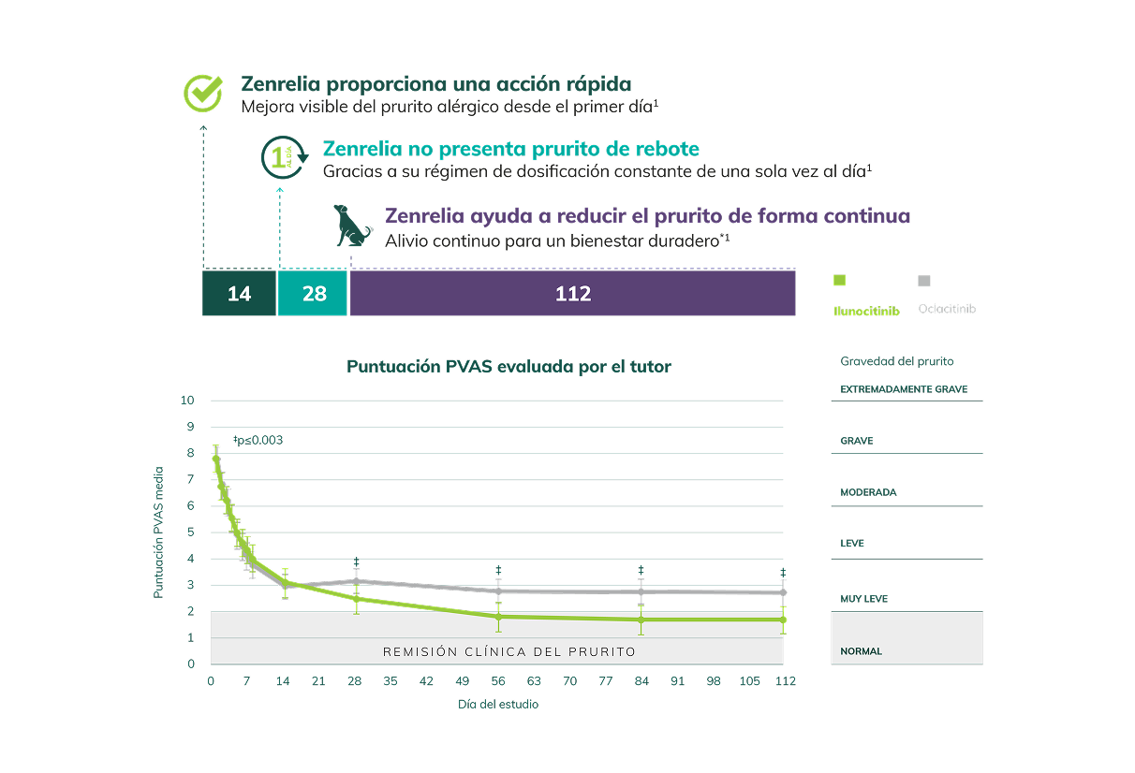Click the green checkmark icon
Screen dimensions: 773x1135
click(x=203, y=94)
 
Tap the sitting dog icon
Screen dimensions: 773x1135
click(x=354, y=226)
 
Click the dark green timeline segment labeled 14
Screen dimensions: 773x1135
click(x=239, y=294)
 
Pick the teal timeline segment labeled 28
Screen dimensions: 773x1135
click(x=314, y=294)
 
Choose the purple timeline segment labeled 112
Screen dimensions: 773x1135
click(x=572, y=294)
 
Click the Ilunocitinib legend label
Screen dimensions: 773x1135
click(x=866, y=311)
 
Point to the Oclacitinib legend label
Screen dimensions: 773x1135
click(x=947, y=309)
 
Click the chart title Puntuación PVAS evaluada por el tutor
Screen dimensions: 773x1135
click(x=509, y=367)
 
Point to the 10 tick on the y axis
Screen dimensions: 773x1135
click(x=187, y=401)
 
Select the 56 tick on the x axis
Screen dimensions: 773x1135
click(x=498, y=681)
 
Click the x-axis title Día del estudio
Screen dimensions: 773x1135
click(x=498, y=704)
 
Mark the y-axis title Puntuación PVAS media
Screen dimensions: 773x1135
click(x=159, y=532)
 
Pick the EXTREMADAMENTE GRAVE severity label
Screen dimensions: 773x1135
click(x=904, y=389)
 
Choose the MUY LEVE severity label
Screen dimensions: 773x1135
click(x=863, y=599)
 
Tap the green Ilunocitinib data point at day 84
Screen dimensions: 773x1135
click(x=641, y=620)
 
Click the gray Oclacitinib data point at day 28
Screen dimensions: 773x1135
click(x=356, y=581)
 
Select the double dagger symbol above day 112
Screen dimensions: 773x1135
click(x=783, y=573)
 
